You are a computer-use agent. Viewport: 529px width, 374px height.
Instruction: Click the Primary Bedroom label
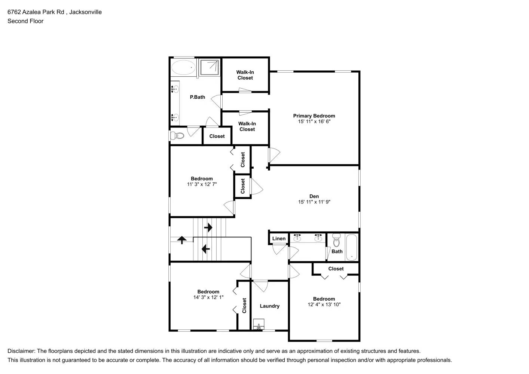pyautogui.click(x=314, y=116)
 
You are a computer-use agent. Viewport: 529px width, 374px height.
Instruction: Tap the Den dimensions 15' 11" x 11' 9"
pyautogui.click(x=314, y=202)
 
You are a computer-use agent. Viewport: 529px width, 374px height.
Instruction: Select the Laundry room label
pyautogui.click(x=269, y=306)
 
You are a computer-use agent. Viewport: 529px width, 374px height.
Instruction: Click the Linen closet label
pyautogui.click(x=279, y=239)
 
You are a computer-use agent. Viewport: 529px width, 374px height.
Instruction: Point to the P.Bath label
pyautogui.click(x=197, y=97)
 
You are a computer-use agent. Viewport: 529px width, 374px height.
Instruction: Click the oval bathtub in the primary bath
pyautogui.click(x=183, y=68)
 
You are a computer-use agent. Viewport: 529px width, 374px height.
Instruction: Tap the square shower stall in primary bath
pyautogui.click(x=209, y=67)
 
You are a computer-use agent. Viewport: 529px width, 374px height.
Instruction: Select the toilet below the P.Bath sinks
pyautogui.click(x=178, y=135)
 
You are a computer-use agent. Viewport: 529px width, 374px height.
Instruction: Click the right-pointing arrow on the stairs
pyautogui.click(x=208, y=227)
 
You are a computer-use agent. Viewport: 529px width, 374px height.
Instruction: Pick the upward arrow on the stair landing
pyautogui.click(x=182, y=240)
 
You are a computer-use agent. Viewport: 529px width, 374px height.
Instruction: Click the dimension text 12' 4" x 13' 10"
pyautogui.click(x=324, y=304)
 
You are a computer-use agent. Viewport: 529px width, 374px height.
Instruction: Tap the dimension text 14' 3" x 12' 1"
pyautogui.click(x=208, y=297)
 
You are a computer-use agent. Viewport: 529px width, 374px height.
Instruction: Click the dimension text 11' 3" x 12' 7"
pyautogui.click(x=202, y=184)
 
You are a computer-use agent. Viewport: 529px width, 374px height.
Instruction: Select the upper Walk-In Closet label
pyautogui.click(x=245, y=75)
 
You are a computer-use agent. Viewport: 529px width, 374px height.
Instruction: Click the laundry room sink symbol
pyautogui.click(x=259, y=324)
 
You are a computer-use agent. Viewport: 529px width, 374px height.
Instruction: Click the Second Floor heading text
pyautogui.click(x=25, y=21)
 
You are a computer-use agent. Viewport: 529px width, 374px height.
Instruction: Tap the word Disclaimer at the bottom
pyautogui.click(x=21, y=351)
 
